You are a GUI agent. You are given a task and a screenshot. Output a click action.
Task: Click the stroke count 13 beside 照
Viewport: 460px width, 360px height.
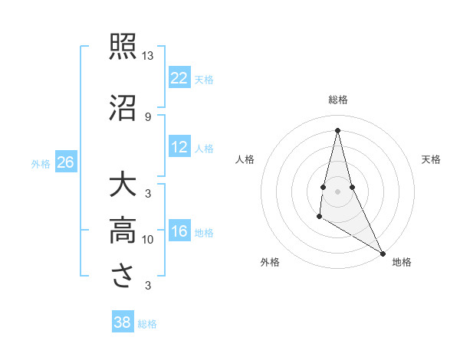tap(148, 56)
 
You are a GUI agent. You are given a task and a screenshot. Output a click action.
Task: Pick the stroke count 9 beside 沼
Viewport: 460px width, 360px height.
tap(148, 116)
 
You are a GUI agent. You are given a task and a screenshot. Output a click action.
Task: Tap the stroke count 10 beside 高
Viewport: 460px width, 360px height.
tap(148, 240)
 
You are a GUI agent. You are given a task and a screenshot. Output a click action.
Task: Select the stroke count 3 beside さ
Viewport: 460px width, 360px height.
tap(148, 286)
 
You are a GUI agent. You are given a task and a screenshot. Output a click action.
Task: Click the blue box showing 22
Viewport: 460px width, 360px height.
tap(179, 77)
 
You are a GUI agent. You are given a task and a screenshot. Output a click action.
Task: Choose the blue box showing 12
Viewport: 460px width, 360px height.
tap(179, 147)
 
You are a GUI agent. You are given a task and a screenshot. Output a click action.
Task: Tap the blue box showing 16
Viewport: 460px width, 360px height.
tap(179, 231)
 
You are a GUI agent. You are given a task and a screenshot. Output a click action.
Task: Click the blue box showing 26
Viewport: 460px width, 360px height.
tap(65, 162)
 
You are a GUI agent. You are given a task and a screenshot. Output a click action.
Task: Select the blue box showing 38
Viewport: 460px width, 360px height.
tap(122, 322)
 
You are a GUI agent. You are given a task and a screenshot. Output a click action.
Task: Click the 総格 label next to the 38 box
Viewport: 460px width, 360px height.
tap(147, 324)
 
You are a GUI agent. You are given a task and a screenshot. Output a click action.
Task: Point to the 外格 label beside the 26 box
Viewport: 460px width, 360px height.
tap(41, 163)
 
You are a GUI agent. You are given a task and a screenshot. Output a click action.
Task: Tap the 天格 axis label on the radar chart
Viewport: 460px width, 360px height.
tap(432, 159)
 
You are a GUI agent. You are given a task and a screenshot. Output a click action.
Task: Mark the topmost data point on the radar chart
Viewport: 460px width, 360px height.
tap(337, 129)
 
